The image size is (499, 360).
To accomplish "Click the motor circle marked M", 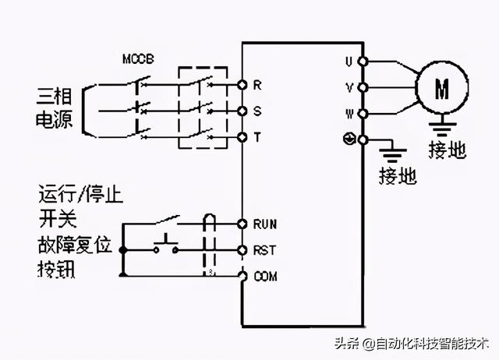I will (x=441, y=89).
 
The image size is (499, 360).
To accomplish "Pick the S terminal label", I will (x=257, y=111).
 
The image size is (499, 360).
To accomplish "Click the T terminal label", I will (x=257, y=137).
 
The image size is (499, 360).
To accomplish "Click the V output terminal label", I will (x=350, y=86).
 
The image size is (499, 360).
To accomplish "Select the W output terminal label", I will (x=350, y=113).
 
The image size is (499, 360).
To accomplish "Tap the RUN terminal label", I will (x=264, y=224).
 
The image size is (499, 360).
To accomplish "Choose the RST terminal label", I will (x=263, y=250).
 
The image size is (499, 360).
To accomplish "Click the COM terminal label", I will (x=265, y=276).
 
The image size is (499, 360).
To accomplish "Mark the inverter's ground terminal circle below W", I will (x=363, y=139).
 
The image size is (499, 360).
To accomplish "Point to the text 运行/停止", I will (x=81, y=192).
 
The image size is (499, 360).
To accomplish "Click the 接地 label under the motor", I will (x=447, y=150).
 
